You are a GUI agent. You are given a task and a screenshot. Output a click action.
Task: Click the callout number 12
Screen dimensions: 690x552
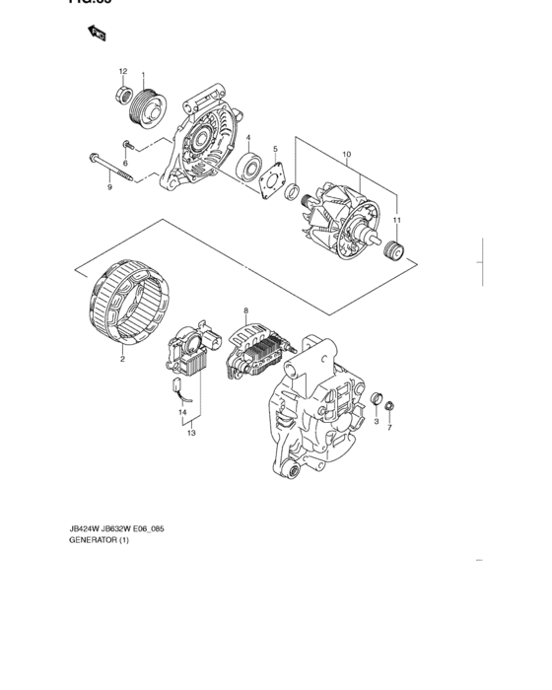tap(123, 71)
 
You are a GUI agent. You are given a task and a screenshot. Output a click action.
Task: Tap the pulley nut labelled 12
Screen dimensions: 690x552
tap(123, 96)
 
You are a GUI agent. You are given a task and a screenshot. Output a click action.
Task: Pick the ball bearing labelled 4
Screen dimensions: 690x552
tap(248, 165)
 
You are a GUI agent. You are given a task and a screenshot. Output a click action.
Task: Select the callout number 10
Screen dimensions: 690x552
tap(346, 155)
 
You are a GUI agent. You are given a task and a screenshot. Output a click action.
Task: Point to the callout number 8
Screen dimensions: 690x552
tap(245, 311)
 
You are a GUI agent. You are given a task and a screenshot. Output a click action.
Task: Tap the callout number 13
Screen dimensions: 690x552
tap(191, 432)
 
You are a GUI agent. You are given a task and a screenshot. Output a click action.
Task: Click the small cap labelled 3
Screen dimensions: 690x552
tap(375, 399)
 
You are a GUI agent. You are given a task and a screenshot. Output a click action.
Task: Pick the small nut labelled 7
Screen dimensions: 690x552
tap(390, 406)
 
